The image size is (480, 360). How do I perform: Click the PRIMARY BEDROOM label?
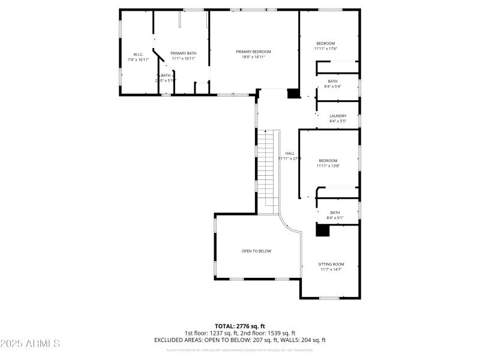coord(253,52)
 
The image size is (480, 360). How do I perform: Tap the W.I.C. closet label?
coord(138,55)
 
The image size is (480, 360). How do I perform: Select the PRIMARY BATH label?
coord(183,53)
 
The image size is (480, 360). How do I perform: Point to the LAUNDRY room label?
coord(338,116)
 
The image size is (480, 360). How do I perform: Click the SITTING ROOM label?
coord(331,264)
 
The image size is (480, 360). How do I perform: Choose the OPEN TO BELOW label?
coord(256,251)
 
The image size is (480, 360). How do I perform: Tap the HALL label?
coord(290,153)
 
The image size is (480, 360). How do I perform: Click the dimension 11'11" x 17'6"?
coord(326,49)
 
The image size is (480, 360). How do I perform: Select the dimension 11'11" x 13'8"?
coord(328,166)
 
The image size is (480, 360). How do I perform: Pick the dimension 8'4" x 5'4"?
coord(332,86)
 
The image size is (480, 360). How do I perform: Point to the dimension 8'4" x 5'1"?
coord(334,218)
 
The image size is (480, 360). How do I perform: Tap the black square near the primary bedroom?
coord(293,93)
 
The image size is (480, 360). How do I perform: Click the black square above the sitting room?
coord(323,230)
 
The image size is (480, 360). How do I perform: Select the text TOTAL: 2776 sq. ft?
coord(239,326)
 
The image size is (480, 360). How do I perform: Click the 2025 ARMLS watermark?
coord(30,344)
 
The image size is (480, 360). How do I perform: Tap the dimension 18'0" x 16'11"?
coord(253,57)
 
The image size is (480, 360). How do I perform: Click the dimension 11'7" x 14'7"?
coord(331,269)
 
